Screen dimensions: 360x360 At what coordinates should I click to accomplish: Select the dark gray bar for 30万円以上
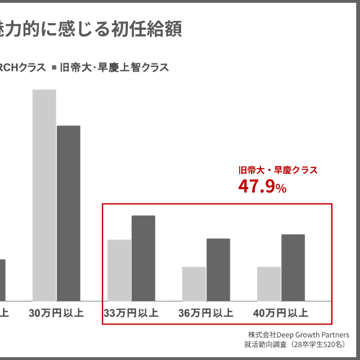tap(69, 213)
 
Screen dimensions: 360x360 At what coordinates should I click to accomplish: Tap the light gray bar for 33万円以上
tap(119, 270)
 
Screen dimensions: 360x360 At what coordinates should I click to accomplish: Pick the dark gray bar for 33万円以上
tap(143, 258)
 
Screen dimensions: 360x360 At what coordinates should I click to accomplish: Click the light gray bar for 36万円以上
tap(194, 283)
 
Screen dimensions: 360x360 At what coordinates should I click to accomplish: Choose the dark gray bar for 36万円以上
tap(218, 269)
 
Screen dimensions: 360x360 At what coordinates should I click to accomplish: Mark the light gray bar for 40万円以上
tap(269, 283)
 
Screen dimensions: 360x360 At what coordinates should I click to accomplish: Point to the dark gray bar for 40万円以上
tap(293, 267)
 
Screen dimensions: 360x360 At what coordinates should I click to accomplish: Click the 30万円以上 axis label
tap(56, 313)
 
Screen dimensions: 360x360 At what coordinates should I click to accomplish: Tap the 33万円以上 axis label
tap(131, 313)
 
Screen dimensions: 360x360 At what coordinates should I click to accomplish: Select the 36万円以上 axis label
tap(206, 313)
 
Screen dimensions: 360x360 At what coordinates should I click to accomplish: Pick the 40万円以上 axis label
tap(281, 313)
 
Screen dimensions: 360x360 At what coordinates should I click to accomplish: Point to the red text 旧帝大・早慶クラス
tap(278, 170)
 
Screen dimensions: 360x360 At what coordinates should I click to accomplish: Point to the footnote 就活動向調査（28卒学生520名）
tap(295, 344)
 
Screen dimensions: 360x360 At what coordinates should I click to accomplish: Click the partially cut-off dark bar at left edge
tap(2, 280)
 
